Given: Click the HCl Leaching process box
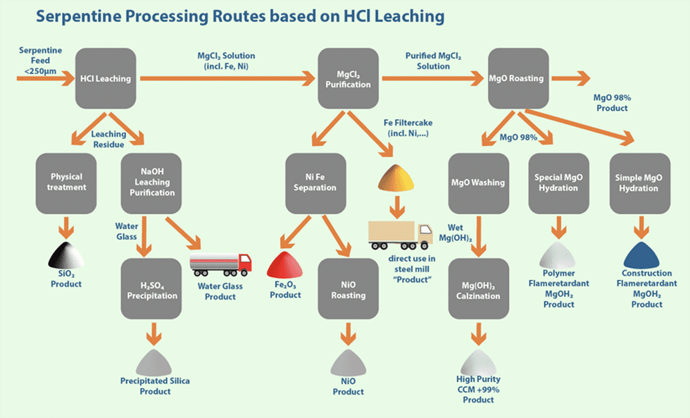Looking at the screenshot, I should point(105,78).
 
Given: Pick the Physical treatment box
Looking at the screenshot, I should point(66,182).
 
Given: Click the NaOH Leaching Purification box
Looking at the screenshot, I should point(151,182).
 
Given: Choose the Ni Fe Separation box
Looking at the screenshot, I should point(316,182).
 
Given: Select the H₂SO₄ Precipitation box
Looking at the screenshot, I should point(151,290).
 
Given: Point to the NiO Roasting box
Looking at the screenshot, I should point(349,290).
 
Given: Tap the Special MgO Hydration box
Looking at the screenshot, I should point(559,182).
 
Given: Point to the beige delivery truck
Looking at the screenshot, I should point(400,234).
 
